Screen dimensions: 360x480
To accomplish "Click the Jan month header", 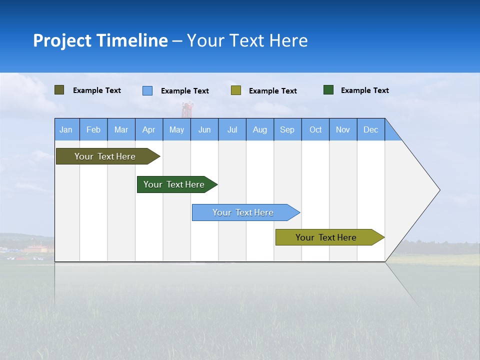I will pyautogui.click(x=66, y=129).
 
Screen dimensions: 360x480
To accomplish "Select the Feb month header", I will pyautogui.click(x=93, y=129).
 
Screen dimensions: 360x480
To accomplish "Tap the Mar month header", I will pyautogui.click(x=121, y=129).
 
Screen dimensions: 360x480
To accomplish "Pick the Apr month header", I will pyautogui.click(x=148, y=129).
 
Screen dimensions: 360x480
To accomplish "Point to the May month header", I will pyautogui.click(x=176, y=129).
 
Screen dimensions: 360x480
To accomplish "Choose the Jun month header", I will pyautogui.click(x=204, y=129).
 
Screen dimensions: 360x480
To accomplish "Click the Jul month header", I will pyautogui.click(x=232, y=129).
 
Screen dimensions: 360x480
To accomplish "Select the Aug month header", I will pyautogui.click(x=259, y=129).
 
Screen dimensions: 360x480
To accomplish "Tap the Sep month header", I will pyautogui.click(x=287, y=129).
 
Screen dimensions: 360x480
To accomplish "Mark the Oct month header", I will pyautogui.click(x=315, y=129).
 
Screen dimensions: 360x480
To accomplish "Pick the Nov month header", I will pyautogui.click(x=343, y=129).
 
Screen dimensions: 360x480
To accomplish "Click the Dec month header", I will pyautogui.click(x=370, y=129).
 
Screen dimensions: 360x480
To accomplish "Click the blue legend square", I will pyautogui.click(x=147, y=90).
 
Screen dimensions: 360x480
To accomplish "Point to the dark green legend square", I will pyautogui.click(x=328, y=90).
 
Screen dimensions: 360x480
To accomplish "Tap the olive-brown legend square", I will pyautogui.click(x=59, y=90).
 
